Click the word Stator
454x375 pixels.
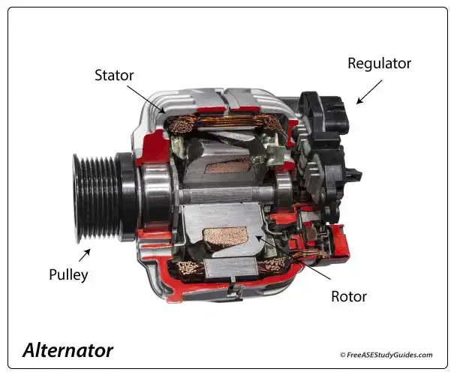115,76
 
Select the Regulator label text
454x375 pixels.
378,63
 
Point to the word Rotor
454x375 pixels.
349,296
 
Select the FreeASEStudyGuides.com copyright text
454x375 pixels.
386,355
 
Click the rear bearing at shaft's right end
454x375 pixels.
284,193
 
